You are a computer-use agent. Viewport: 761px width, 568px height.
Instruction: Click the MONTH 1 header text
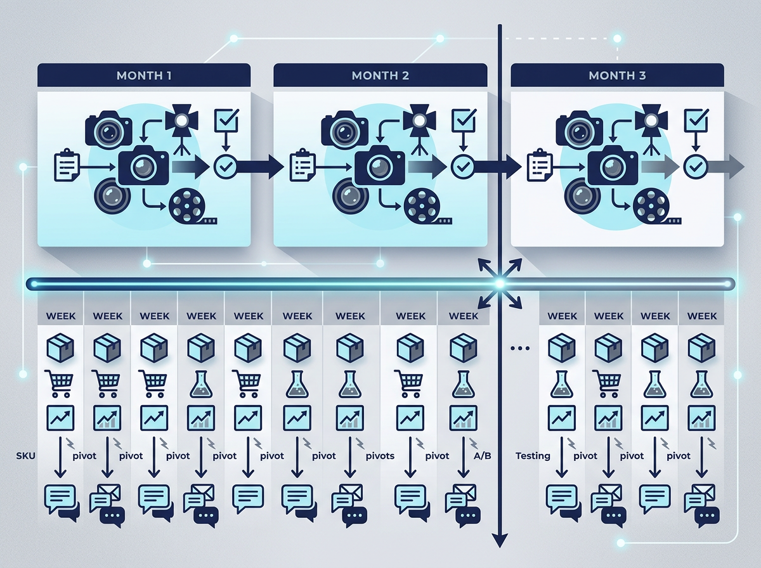(144, 75)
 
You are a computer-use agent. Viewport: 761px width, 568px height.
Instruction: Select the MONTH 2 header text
(380, 75)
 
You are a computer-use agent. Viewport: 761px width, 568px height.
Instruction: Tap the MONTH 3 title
(617, 75)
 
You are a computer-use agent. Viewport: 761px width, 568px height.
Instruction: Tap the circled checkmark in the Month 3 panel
(695, 167)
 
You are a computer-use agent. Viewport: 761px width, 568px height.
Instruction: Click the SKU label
(25, 456)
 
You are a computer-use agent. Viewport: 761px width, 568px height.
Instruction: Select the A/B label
(482, 456)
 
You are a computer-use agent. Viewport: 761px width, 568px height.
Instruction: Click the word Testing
(533, 456)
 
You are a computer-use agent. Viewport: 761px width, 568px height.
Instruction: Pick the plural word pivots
(380, 456)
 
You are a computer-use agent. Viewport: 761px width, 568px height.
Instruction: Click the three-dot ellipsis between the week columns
(520, 348)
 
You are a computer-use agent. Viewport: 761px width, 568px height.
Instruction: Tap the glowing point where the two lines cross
(500, 284)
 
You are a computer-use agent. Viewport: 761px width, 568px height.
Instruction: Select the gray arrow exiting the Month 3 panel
(725, 167)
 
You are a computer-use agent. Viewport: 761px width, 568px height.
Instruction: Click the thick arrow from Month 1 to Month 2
(260, 167)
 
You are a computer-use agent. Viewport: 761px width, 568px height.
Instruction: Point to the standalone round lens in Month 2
(348, 196)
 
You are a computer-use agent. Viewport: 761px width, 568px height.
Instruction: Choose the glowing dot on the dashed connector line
(617, 39)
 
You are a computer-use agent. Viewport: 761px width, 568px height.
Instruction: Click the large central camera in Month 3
(613, 165)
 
